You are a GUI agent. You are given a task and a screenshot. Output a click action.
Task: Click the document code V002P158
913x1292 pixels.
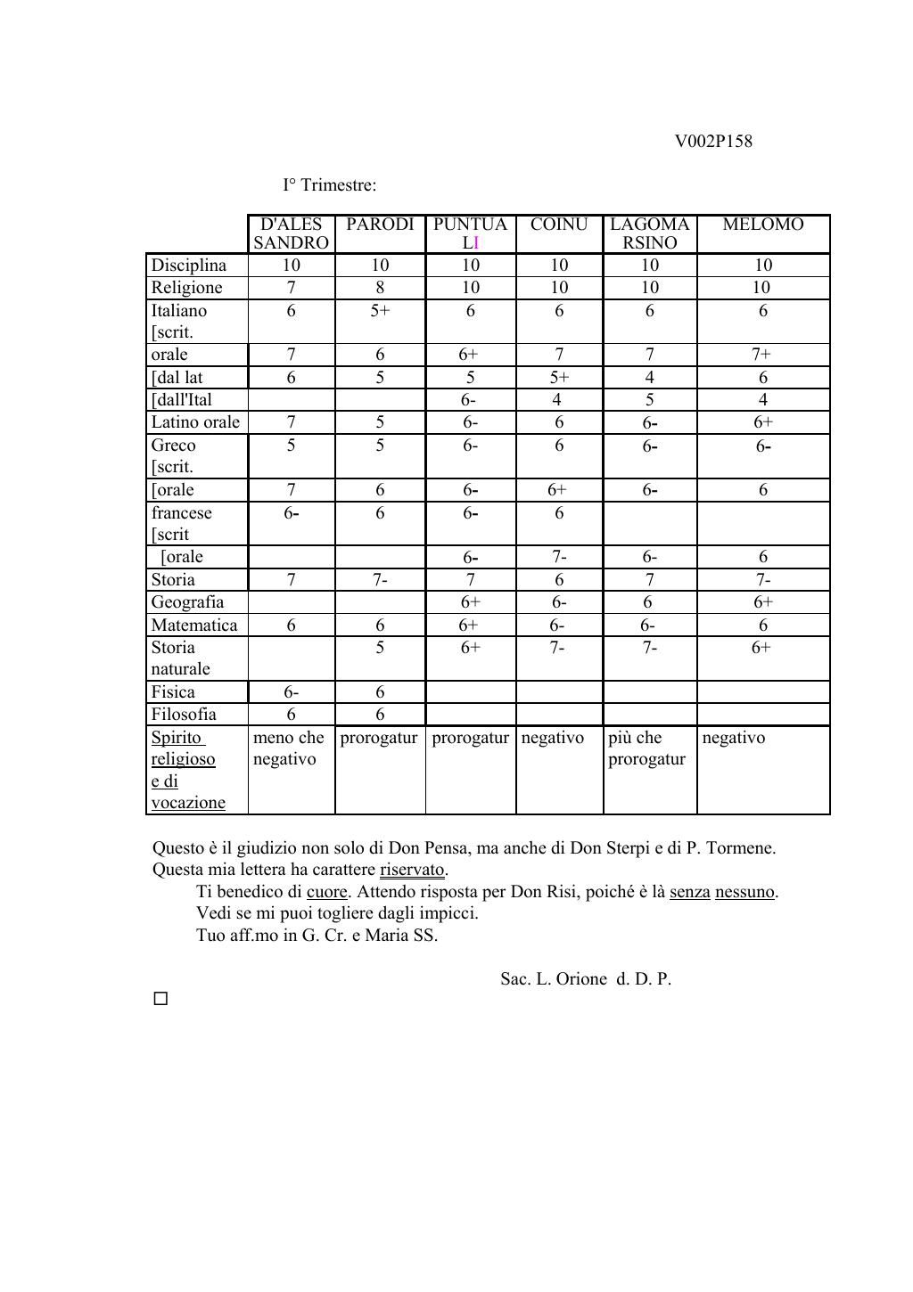pos(712,141)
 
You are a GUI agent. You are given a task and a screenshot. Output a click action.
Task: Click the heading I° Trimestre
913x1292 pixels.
pos(329,185)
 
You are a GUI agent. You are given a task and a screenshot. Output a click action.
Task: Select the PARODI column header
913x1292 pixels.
pos(380,225)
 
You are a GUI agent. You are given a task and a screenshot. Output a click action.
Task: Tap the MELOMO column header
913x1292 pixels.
pos(762,225)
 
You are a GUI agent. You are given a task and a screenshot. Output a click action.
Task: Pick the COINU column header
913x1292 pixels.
pos(559,225)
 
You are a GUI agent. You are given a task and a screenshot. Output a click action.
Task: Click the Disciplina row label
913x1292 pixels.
pos(189,266)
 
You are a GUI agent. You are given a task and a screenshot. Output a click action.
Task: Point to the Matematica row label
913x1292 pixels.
pos(194,626)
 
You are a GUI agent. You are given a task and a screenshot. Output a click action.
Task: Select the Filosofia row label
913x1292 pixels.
pos(184,715)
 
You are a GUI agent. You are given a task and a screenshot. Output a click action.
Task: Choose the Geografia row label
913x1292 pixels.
pos(187,602)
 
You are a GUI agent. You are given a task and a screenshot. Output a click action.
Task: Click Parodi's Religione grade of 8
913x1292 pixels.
pos(380,288)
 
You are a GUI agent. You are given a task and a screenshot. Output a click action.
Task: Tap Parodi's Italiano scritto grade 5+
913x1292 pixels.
pos(380,311)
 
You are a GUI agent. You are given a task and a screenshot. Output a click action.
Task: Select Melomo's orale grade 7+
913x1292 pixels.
pos(762,355)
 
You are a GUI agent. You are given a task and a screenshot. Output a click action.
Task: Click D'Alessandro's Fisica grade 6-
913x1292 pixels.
pos(291,692)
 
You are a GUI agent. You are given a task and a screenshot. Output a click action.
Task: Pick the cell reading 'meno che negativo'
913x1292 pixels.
pos(288,748)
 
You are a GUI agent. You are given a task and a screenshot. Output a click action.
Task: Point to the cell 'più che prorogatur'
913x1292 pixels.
pos(646,748)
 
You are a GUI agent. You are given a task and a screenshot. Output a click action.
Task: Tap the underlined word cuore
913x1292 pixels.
pos(326,892)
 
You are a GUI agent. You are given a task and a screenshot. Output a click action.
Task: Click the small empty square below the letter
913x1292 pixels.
pos(160,999)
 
